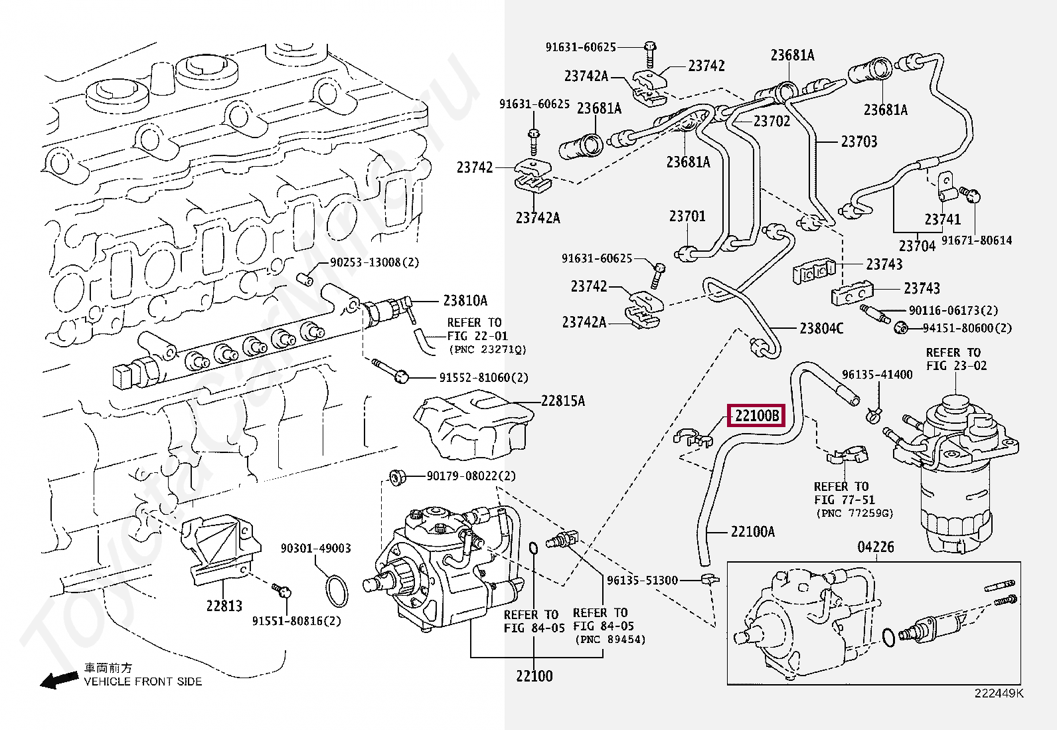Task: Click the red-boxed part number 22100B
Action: coord(756,416)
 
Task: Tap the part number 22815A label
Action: coord(562,401)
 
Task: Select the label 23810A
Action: coord(465,300)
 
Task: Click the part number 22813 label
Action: coord(224,605)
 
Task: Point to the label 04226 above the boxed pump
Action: coord(876,547)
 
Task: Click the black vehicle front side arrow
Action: coord(58,680)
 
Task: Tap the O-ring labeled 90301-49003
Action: coord(337,591)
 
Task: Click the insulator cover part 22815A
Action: coord(473,426)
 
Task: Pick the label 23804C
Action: coord(821,328)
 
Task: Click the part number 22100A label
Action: coord(752,531)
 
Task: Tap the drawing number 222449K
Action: coord(999,693)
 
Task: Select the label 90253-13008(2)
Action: coord(374,262)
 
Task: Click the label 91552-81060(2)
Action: coord(483,377)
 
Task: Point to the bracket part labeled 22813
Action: coord(219,548)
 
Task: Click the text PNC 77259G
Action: coord(854,513)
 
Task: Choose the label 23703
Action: coord(858,141)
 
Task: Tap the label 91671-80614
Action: coord(976,240)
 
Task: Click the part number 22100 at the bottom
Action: coord(534,676)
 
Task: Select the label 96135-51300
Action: coord(642,580)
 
